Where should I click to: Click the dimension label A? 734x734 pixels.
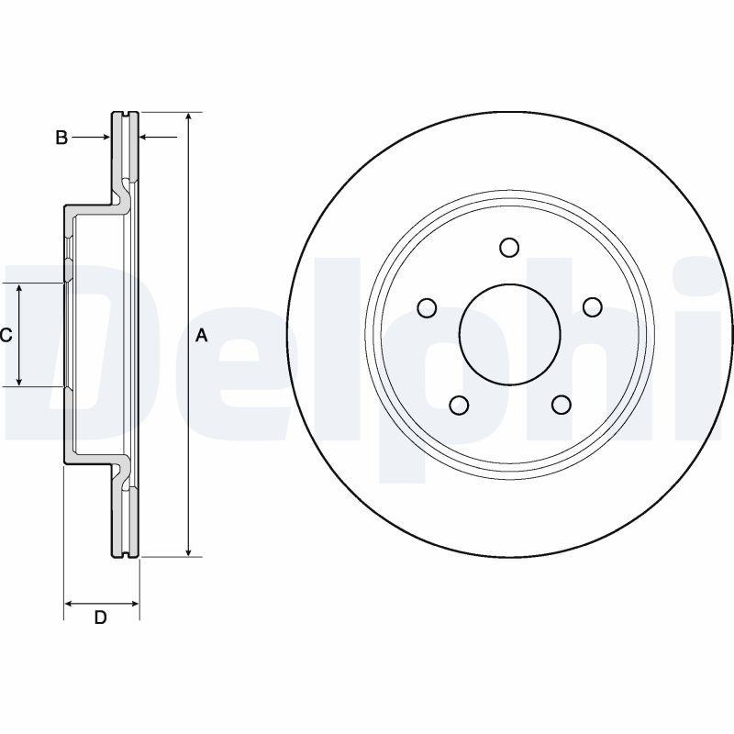(203, 336)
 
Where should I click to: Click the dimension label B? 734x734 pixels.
(61, 138)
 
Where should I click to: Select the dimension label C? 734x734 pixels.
(6, 336)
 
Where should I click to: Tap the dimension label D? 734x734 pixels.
(101, 617)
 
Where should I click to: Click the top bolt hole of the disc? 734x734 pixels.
(510, 247)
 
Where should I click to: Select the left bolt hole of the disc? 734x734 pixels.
(427, 307)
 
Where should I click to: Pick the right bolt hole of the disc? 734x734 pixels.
(593, 307)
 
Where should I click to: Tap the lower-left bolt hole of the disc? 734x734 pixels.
(459, 405)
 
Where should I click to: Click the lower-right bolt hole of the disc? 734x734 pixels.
(562, 405)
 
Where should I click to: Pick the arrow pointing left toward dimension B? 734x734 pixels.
(150, 138)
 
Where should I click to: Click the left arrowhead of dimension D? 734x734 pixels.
(70, 604)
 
